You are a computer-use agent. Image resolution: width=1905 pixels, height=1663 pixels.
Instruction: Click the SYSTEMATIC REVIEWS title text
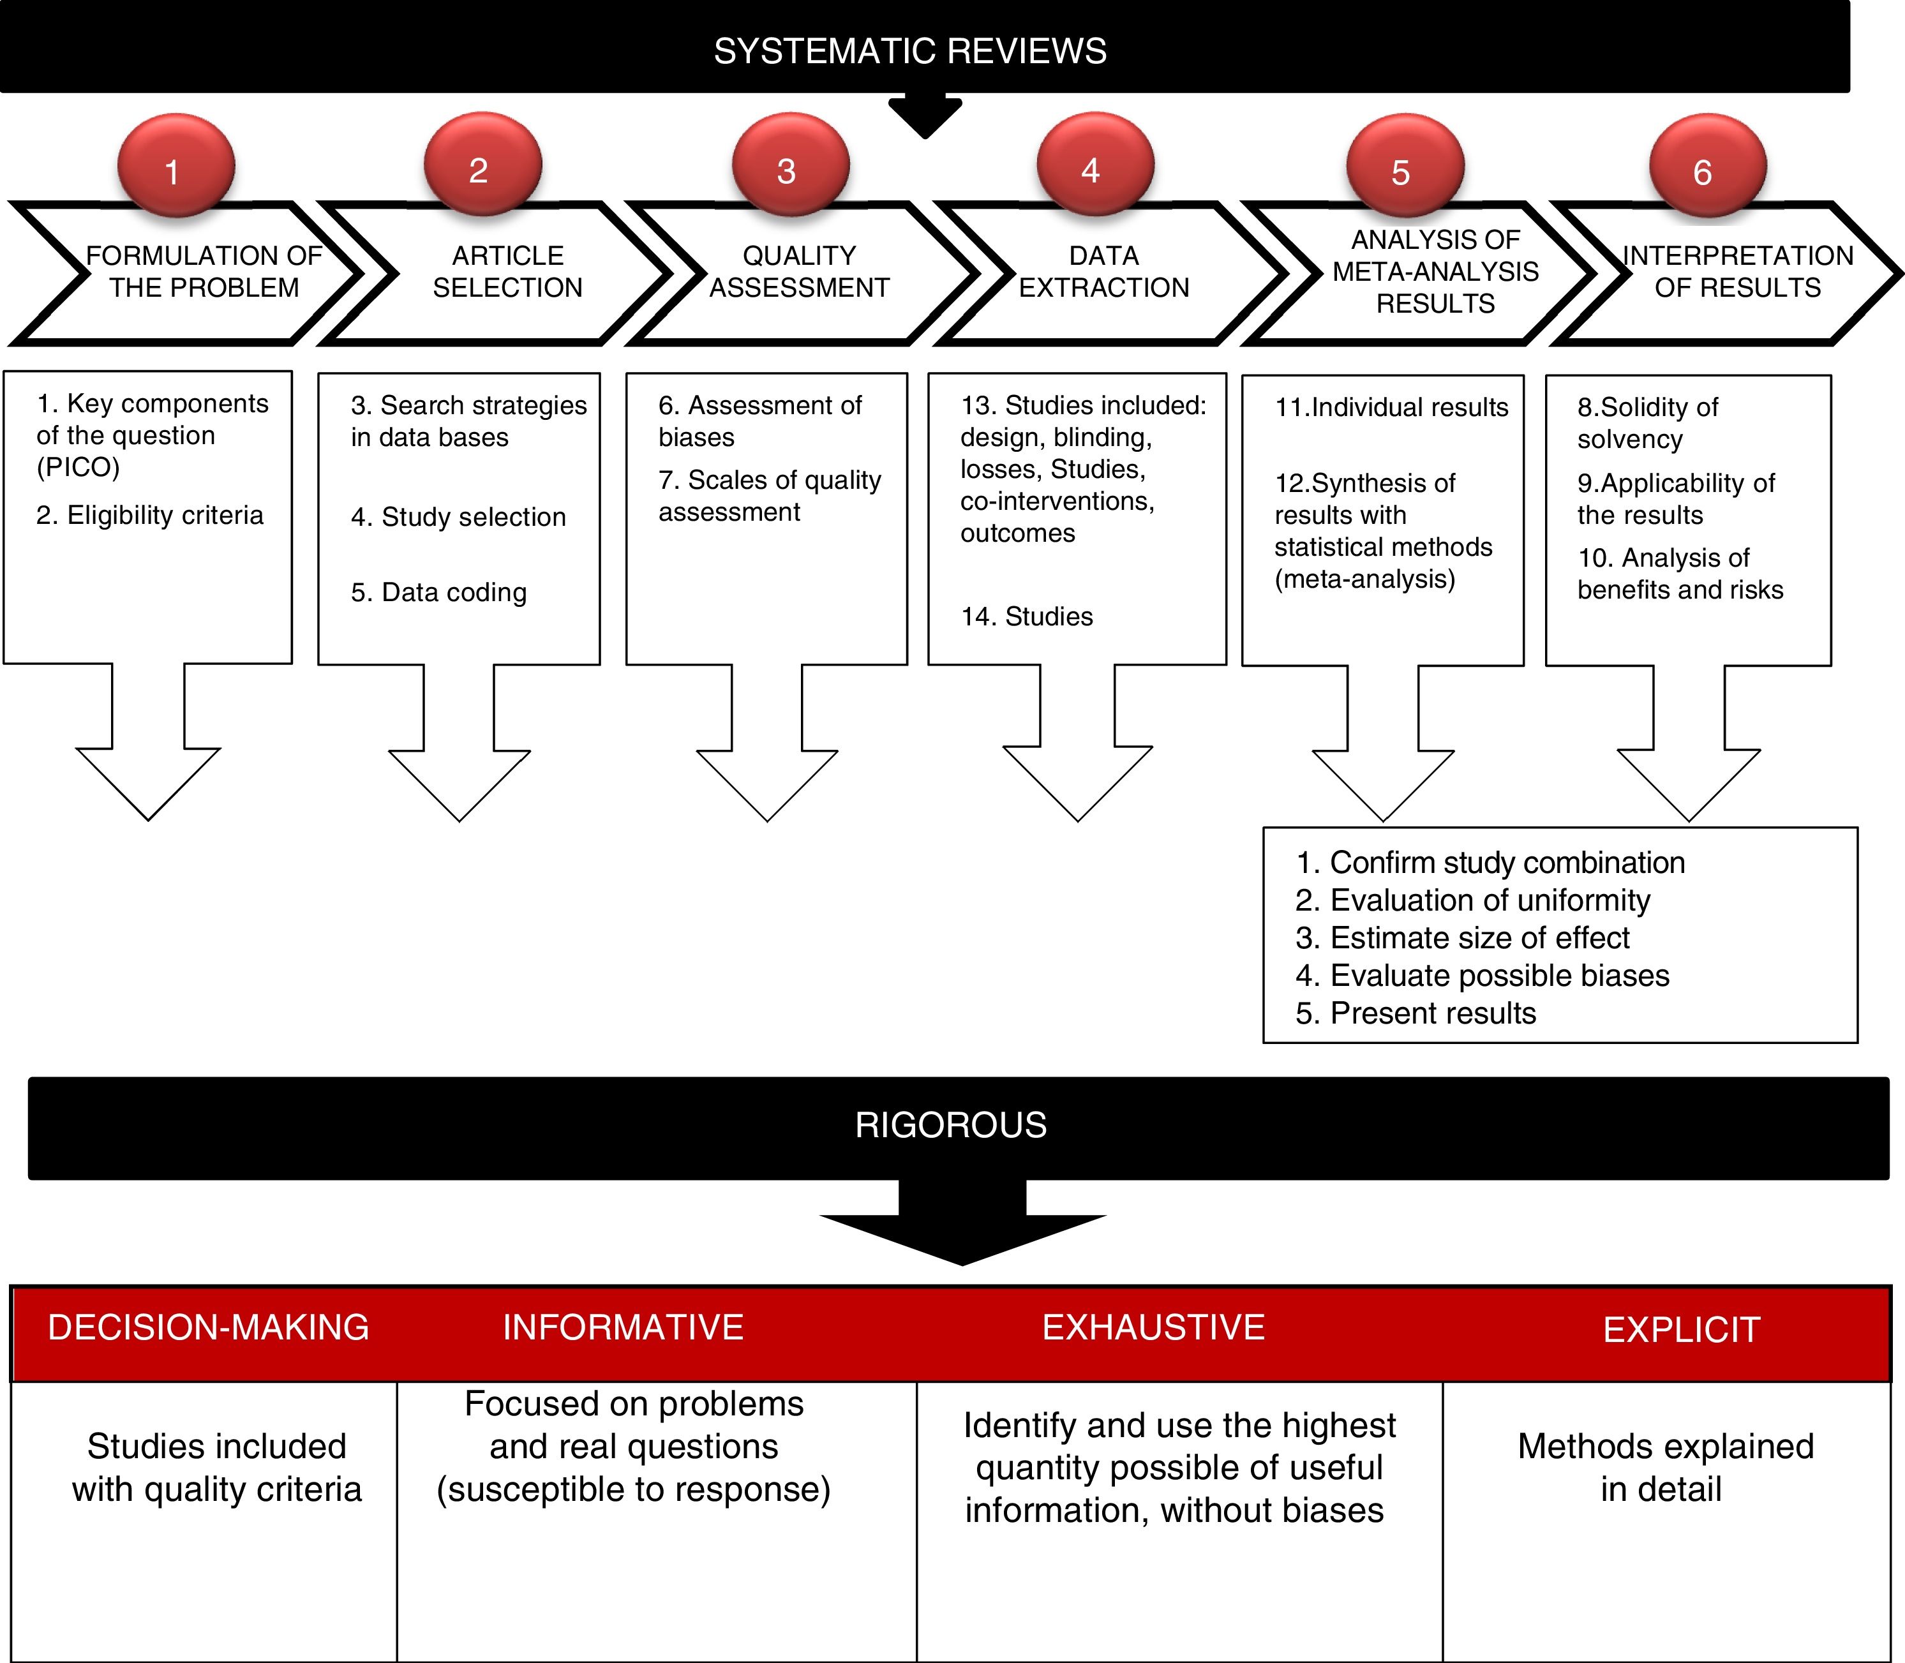[909, 51]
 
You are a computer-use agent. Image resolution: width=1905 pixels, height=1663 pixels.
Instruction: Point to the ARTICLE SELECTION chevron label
[507, 271]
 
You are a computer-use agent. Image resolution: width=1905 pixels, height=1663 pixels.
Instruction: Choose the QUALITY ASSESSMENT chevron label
[799, 271]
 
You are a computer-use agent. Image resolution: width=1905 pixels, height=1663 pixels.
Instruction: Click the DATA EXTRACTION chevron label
[1103, 271]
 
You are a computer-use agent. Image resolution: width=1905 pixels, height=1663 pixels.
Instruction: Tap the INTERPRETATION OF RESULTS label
[1737, 271]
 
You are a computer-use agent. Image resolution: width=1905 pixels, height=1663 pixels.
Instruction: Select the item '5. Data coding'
[439, 592]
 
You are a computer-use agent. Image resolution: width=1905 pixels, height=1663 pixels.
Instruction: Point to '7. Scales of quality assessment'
[769, 496]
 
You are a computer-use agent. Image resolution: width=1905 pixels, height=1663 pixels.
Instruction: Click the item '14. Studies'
[1026, 616]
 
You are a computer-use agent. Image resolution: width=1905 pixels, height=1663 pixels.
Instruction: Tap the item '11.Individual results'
[1391, 407]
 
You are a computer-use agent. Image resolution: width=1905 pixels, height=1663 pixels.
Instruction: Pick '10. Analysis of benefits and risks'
[1680, 574]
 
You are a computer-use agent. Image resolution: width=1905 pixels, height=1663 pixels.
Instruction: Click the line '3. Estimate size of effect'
[1462, 938]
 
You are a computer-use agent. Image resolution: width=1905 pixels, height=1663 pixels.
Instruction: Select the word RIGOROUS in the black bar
[950, 1125]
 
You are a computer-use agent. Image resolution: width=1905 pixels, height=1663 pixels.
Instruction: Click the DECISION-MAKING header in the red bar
[208, 1327]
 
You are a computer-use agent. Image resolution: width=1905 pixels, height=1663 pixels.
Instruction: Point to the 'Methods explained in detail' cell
[1664, 1467]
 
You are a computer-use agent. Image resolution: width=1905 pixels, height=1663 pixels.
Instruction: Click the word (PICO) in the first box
[78, 466]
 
